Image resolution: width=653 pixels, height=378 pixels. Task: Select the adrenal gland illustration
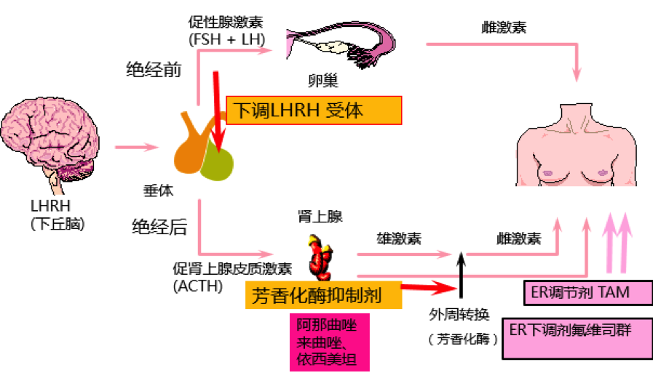tap(320, 257)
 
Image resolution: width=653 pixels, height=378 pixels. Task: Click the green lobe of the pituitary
tap(217, 161)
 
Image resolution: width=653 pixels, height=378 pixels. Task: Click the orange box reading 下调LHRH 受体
tap(314, 110)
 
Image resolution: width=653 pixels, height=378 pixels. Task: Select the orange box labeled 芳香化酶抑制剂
tap(323, 295)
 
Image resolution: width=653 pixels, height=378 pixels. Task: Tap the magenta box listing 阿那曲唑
tap(330, 342)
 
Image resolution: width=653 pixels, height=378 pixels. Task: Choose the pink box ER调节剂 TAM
tap(588, 293)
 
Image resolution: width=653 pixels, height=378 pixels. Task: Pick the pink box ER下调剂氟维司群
tap(577, 339)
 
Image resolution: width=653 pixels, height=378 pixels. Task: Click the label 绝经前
tap(154, 70)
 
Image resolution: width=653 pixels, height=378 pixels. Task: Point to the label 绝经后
tap(159, 227)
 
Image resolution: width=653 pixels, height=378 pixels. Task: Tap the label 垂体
tap(158, 190)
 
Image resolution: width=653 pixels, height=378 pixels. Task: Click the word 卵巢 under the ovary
tap(323, 80)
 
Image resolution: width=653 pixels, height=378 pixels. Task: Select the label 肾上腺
tap(320, 216)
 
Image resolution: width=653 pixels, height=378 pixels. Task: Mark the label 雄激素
tap(399, 238)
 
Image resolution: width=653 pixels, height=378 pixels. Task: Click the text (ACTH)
tap(198, 286)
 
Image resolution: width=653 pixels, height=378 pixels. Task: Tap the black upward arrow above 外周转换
tap(461, 275)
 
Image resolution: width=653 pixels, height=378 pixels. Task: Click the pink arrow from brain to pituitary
tap(137, 147)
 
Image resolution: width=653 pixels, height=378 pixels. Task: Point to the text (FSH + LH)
tap(226, 39)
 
